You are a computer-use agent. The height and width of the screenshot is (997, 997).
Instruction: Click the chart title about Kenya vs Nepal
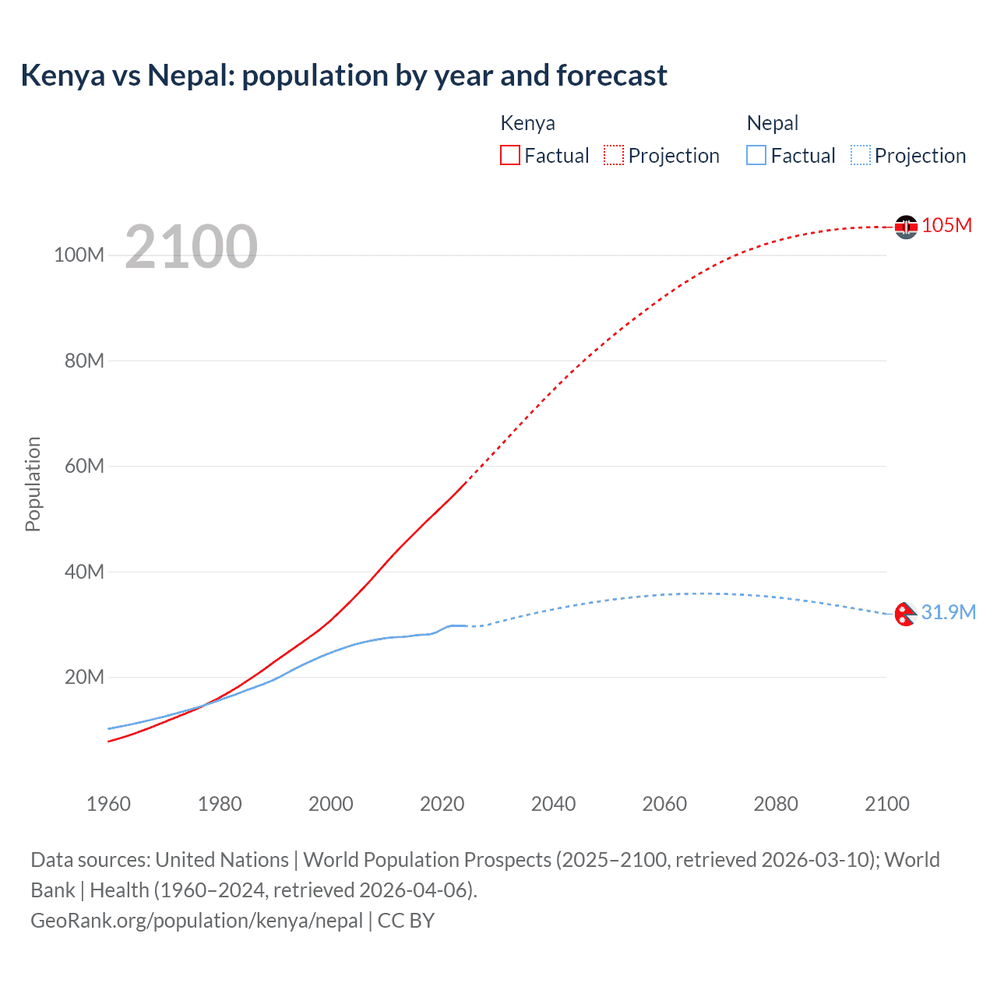343,76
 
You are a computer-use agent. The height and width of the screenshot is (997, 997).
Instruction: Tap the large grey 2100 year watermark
191,247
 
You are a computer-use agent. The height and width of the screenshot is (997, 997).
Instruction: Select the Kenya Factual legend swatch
509,155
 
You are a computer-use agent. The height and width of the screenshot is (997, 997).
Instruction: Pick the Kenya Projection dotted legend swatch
614,155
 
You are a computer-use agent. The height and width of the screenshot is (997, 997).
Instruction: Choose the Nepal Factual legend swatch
756,155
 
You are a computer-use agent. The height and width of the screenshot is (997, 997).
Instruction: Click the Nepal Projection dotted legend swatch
860,155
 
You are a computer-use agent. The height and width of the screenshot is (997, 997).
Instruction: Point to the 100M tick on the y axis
79,255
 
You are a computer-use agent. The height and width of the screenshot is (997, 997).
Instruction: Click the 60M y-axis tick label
84,466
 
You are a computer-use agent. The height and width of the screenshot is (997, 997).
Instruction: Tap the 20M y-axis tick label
84,677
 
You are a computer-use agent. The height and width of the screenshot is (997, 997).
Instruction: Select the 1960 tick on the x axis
108,804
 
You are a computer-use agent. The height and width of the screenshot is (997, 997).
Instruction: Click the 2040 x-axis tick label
553,804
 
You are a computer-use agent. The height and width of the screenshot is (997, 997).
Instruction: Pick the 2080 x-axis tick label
776,804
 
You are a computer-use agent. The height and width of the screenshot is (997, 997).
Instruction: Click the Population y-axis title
33,484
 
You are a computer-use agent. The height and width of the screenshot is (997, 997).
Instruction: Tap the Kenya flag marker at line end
906,227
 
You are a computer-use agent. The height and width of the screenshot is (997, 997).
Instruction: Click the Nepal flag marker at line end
905,615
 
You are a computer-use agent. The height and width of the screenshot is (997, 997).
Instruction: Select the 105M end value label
946,225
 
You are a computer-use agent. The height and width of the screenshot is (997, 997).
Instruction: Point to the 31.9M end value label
948,612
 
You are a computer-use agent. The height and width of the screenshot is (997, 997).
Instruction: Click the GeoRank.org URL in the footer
196,921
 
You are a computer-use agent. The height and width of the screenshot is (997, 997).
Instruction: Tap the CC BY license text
406,921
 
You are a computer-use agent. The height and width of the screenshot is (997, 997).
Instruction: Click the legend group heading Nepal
772,123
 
